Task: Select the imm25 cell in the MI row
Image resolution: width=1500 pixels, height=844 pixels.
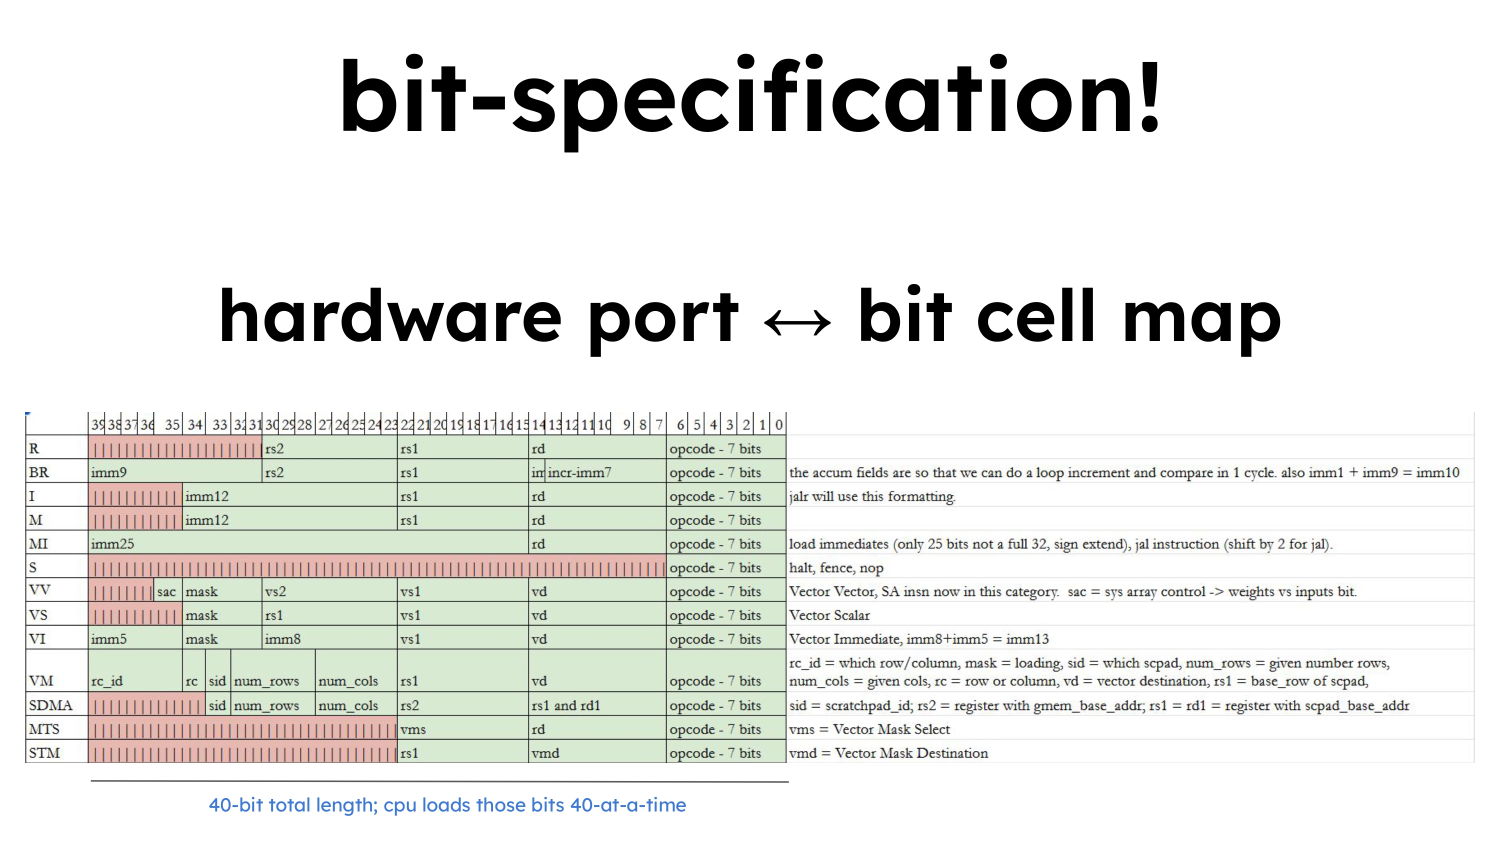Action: pos(308,543)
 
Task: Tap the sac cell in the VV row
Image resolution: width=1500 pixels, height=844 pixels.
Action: pos(167,591)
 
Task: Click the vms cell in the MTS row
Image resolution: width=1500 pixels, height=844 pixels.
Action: pos(462,728)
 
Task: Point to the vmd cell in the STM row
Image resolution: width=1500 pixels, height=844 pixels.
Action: pos(597,752)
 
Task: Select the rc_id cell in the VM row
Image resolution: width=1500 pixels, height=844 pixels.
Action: pos(135,670)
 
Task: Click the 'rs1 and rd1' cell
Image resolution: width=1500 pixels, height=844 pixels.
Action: pos(597,705)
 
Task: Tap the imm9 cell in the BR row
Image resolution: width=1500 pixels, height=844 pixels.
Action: pos(174,472)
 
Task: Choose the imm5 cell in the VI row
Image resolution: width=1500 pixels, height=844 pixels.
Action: pos(135,638)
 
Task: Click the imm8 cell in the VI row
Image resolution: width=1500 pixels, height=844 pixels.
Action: pos(329,638)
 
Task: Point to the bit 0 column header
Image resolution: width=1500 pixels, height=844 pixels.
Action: pos(778,424)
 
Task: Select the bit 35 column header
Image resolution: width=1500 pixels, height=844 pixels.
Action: pos(172,424)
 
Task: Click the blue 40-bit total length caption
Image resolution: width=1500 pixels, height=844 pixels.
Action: pos(447,805)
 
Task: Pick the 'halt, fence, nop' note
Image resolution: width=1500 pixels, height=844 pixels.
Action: pos(835,567)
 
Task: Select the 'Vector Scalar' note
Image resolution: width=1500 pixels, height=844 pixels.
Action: pos(829,615)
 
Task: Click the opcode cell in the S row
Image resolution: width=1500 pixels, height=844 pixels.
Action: pos(725,567)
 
